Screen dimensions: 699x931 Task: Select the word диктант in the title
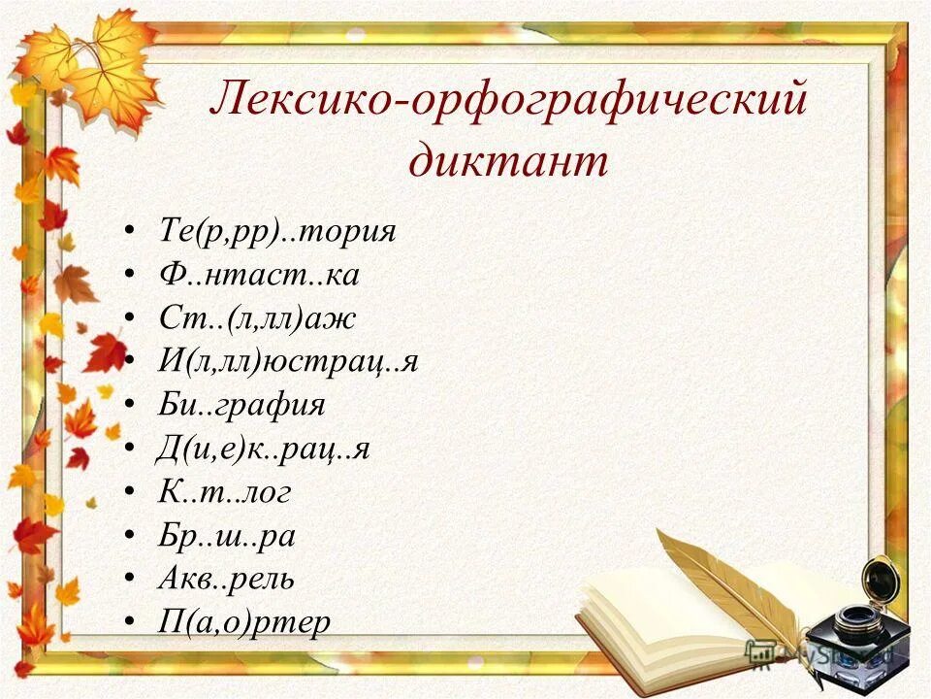point(508,160)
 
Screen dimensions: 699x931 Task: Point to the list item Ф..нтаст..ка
point(258,276)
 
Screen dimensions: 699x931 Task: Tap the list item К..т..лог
point(224,492)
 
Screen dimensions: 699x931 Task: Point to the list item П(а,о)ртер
point(243,621)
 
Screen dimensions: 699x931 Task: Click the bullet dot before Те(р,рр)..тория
point(130,233)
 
